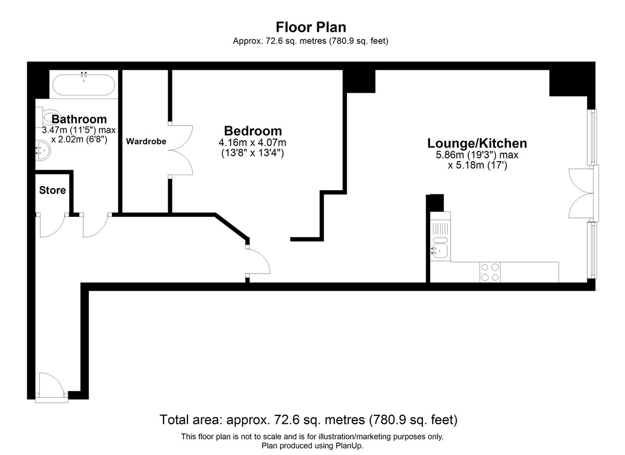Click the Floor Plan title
click(x=311, y=27)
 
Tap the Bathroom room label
click(x=79, y=119)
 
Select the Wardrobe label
click(x=146, y=141)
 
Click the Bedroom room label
click(x=253, y=131)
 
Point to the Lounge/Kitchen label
click(x=477, y=143)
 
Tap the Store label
click(x=53, y=190)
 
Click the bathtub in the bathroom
click(x=84, y=84)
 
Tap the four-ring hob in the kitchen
click(x=490, y=272)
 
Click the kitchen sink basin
click(x=440, y=250)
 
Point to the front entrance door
click(x=52, y=386)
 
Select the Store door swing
click(x=52, y=225)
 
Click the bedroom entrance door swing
click(x=258, y=261)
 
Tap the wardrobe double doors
click(x=181, y=150)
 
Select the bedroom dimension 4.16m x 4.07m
click(x=252, y=143)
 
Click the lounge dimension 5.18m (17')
click(x=477, y=165)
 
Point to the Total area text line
click(x=308, y=420)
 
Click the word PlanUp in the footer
click(x=351, y=446)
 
